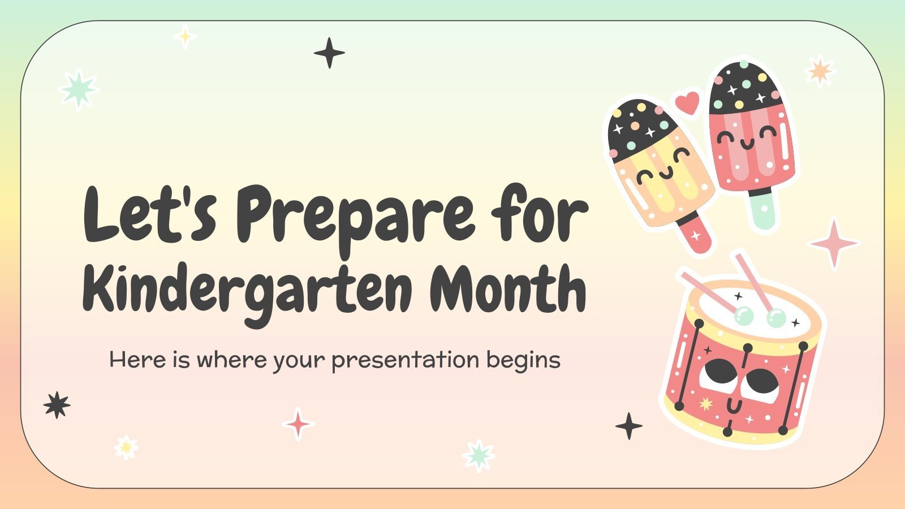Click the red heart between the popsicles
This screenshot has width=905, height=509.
coord(688,103)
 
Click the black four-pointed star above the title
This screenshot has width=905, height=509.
coord(329,53)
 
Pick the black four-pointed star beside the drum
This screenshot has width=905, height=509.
coord(628,426)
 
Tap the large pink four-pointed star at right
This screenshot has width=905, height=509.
coord(833,243)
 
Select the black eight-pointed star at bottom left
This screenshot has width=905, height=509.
coord(57,405)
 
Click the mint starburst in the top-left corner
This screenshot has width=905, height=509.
coord(79,89)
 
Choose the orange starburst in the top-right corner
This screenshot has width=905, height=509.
coord(820,71)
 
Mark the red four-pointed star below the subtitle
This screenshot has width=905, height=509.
coord(298,424)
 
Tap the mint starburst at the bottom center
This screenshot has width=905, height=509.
coord(479,455)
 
